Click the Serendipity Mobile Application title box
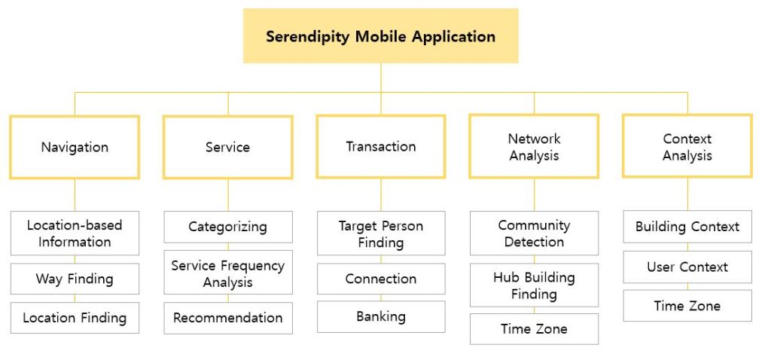point(380,35)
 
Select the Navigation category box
point(75,147)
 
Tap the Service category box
point(227,147)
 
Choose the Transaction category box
point(380,146)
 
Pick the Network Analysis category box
point(534,147)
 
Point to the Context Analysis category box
point(687,147)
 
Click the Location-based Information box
point(75,233)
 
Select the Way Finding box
point(75,279)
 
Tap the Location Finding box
point(75,318)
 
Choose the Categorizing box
point(227,227)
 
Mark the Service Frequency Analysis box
point(227,274)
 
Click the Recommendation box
point(227,318)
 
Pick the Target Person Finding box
point(380,233)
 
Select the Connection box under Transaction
point(380,279)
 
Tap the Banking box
point(380,316)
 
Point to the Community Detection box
point(534,233)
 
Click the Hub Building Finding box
point(534,285)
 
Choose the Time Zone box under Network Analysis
point(534,329)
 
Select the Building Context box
point(687,227)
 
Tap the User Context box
point(687,267)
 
